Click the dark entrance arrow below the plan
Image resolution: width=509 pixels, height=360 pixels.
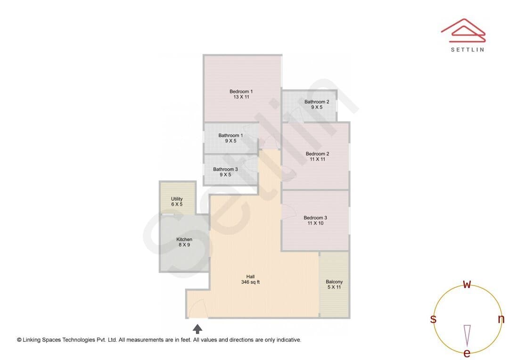tap(197, 329)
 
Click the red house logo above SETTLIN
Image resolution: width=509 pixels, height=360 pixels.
tap(463, 31)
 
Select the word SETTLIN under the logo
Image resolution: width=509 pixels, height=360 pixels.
tap(468, 49)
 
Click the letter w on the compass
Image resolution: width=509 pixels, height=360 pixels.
tap(467, 284)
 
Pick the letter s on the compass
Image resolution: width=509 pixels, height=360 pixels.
tap(433, 319)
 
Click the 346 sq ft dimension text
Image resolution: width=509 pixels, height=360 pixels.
tap(250, 282)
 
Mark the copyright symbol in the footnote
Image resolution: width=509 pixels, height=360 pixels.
tap(19, 340)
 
